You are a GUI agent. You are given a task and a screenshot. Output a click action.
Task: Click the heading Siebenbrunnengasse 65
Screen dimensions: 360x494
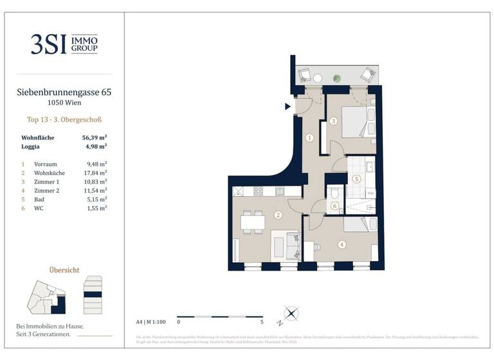[x=64, y=93]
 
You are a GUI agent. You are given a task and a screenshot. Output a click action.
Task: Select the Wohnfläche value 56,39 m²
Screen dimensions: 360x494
[x=94, y=138]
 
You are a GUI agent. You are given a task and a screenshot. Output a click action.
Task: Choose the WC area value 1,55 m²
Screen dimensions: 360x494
[x=96, y=208]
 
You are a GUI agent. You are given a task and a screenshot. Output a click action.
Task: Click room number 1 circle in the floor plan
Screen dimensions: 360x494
[x=310, y=137]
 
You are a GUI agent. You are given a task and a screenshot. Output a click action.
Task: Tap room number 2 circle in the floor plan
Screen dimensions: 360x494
[x=278, y=215]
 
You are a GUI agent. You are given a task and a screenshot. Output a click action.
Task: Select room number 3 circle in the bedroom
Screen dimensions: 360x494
[x=333, y=121]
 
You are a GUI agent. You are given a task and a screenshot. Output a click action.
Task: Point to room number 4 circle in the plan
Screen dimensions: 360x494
[x=342, y=244]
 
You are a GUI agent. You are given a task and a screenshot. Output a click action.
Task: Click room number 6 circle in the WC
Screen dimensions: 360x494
[x=334, y=206]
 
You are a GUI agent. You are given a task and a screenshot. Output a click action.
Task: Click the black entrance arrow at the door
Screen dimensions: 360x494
[x=288, y=107]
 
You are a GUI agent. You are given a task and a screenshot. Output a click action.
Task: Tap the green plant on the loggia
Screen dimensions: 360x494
[x=336, y=78]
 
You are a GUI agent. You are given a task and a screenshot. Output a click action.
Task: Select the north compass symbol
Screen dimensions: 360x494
[x=291, y=314]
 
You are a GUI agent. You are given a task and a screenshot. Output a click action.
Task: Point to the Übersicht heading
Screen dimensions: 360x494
[x=64, y=270]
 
